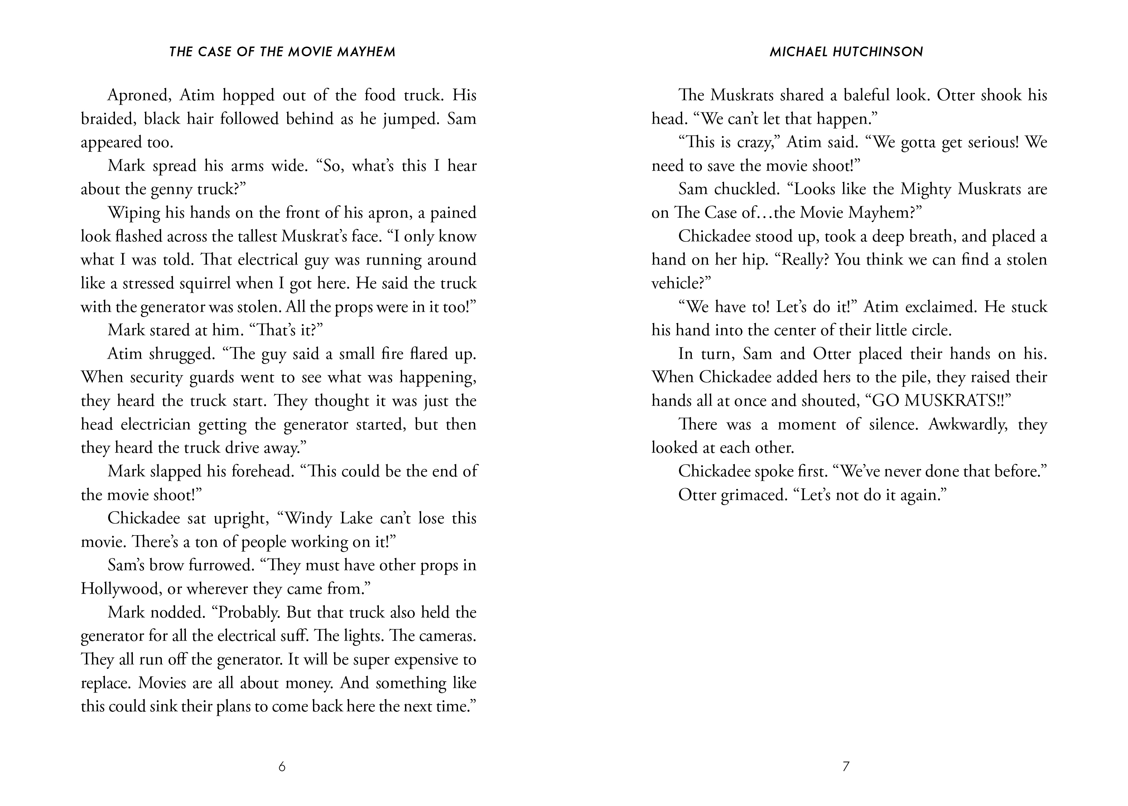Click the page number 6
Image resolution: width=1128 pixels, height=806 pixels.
coord(282,767)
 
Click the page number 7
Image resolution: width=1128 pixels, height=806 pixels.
coord(846,767)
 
